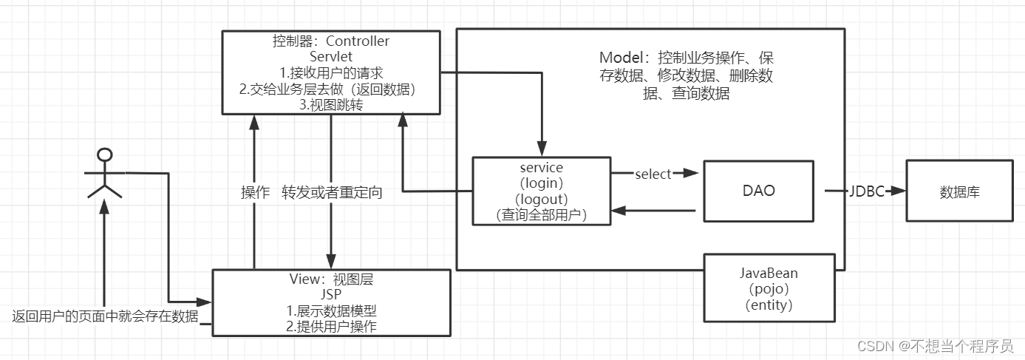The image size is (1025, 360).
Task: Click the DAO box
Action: [758, 190]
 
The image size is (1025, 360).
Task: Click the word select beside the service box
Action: [653, 174]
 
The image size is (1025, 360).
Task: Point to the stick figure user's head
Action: [105, 154]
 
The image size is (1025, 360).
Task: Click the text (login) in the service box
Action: [541, 183]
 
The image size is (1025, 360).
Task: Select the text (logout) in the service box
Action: [541, 199]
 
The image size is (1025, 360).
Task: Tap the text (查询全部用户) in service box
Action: [541, 214]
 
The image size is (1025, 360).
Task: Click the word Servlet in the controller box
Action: [330, 56]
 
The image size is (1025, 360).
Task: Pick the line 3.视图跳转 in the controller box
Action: [330, 105]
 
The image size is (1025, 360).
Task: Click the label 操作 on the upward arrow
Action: [255, 193]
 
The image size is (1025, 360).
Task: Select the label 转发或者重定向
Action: [332, 193]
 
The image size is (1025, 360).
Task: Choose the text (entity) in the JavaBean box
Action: [769, 305]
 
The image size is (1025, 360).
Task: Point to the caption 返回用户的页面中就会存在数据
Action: [105, 316]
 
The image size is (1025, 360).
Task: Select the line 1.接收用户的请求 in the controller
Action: [330, 72]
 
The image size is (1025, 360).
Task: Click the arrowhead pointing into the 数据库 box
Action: [899, 191]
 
